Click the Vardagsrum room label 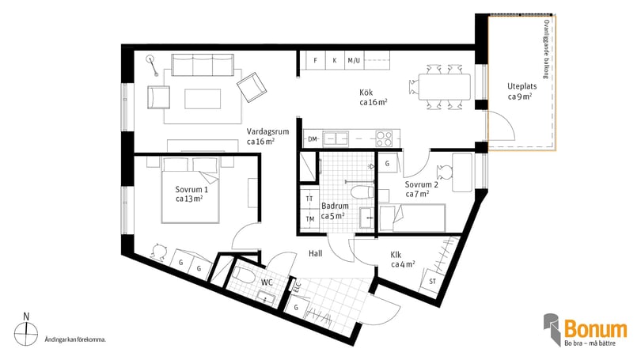point(267,131)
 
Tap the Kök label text point(366,93)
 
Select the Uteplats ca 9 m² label point(522,92)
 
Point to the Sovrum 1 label point(192,190)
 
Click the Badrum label point(335,206)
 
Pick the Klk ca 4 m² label point(403,260)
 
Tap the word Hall point(315,253)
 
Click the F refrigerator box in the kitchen point(315,60)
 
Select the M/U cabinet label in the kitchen point(354,60)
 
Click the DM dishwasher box point(313,139)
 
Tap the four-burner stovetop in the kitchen point(384,138)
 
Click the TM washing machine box point(309,219)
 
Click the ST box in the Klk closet point(432,281)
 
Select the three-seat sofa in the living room point(203,65)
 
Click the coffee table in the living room point(203,99)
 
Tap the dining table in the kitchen point(445,86)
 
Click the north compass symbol point(26,331)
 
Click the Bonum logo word point(595,329)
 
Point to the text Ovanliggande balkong point(546,49)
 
